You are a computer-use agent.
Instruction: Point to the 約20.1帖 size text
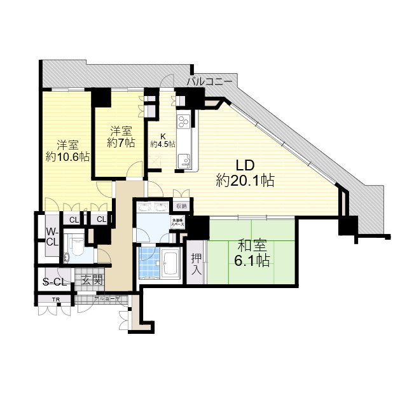pyautogui.click(x=245, y=181)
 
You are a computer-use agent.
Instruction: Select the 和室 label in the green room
pyautogui.click(x=253, y=244)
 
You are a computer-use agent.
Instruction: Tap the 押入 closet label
pyautogui.click(x=196, y=263)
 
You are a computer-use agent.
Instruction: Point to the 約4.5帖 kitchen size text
pyautogui.click(x=163, y=144)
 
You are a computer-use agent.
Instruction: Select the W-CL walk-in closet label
pyautogui.click(x=51, y=236)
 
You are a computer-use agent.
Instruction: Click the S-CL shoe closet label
pyautogui.click(x=55, y=282)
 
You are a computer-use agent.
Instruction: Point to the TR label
pyautogui.click(x=55, y=298)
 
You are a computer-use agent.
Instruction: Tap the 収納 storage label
pyautogui.click(x=181, y=206)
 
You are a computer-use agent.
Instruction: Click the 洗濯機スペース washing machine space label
pyautogui.click(x=177, y=223)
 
